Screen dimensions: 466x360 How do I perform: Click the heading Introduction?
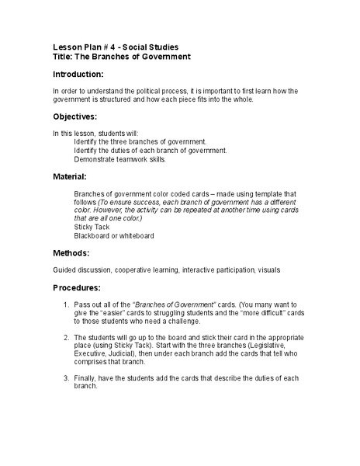coord(78,75)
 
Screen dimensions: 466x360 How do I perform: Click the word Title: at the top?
coord(64,57)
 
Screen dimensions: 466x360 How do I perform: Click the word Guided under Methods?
coord(64,270)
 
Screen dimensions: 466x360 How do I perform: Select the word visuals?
coord(264,270)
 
